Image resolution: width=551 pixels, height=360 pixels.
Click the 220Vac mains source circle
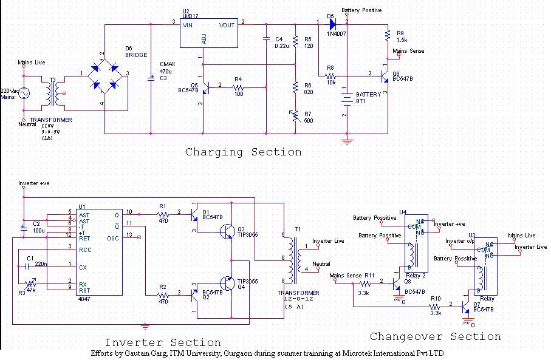[x=24, y=93]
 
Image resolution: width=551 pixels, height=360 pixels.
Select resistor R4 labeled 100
[x=238, y=87]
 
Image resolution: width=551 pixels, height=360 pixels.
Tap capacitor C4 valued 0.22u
[x=266, y=39]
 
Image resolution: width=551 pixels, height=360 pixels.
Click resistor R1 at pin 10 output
[x=162, y=214]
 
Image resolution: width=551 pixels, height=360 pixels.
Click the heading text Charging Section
[x=243, y=152]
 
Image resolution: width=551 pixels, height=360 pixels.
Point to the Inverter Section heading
[x=163, y=343]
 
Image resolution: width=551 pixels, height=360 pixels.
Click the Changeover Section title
[x=435, y=336]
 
